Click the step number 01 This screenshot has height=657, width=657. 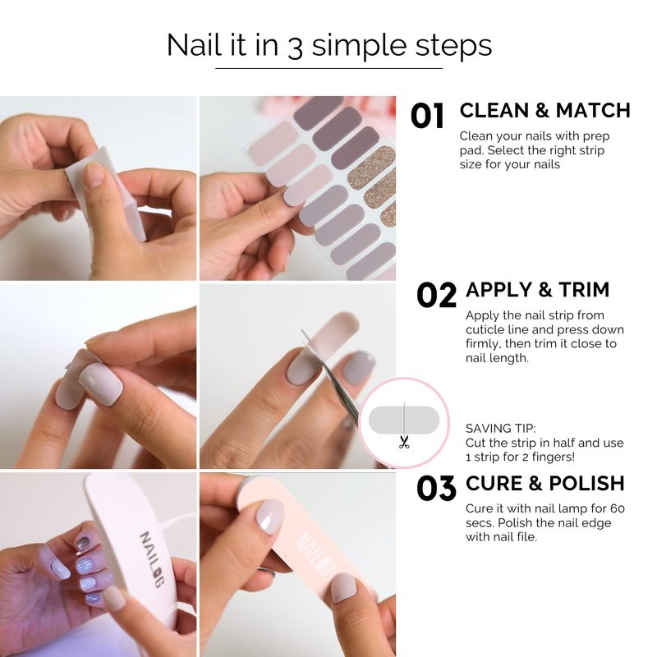(x=427, y=116)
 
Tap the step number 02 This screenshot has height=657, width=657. (x=436, y=295)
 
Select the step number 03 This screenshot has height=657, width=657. (x=436, y=488)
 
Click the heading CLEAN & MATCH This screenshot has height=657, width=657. (x=544, y=111)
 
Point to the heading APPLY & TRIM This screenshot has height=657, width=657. (x=538, y=290)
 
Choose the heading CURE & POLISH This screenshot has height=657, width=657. (x=544, y=483)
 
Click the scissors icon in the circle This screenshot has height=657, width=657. (x=404, y=443)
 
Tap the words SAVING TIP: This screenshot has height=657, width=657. (x=500, y=429)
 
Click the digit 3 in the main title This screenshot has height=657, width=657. (x=295, y=47)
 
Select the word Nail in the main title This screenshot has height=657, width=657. (x=194, y=44)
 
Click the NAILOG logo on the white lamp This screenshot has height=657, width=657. (x=151, y=559)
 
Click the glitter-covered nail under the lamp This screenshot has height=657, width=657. (x=83, y=544)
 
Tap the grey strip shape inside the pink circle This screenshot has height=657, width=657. (x=404, y=420)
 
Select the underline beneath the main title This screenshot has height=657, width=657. (x=329, y=68)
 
